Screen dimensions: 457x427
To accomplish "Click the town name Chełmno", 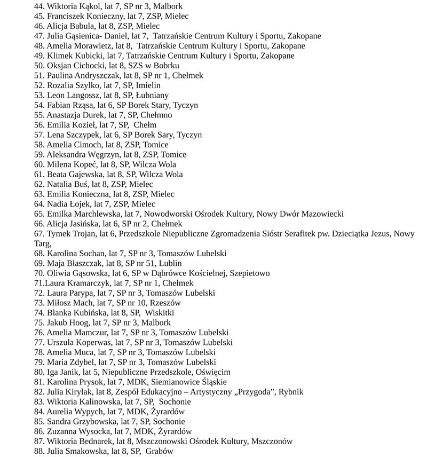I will click(x=155, y=115).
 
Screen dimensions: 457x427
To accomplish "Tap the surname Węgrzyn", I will click(x=105, y=154).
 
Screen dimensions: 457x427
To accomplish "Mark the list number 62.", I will click(x=39, y=184).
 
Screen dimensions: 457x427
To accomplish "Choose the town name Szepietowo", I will click(x=250, y=273).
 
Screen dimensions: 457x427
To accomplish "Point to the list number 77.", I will click(x=39, y=342).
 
